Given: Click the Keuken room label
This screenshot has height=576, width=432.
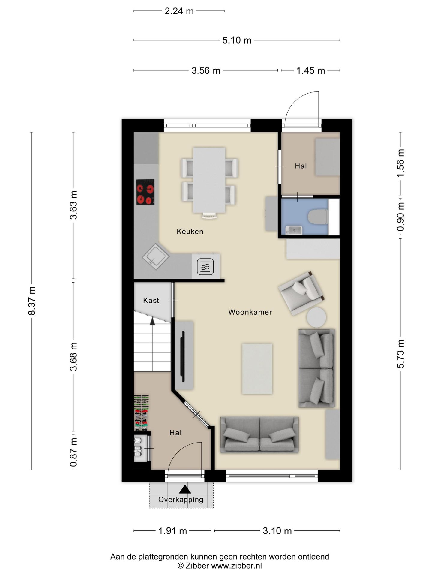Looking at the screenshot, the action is pos(190,232).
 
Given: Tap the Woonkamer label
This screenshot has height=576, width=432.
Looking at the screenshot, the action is pos(250,312).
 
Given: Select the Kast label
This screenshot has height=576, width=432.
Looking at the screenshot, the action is pos(151,300).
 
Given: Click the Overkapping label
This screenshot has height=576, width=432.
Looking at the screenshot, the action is pos(181,499).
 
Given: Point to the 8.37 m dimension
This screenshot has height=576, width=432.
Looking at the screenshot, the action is pos(32,301).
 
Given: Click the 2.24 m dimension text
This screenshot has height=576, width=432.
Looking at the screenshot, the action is pos(179,11).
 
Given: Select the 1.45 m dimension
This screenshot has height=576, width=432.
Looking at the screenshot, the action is pos(310,70).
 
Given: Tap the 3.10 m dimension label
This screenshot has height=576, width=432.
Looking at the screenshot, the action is pos(277,531).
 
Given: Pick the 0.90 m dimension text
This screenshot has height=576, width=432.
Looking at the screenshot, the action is pos(400,217).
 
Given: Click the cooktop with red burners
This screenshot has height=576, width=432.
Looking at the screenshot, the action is pos(145,192).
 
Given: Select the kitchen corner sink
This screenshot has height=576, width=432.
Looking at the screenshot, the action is pos(156,256).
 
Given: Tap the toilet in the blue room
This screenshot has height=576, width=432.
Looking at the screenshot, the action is pos(318,217).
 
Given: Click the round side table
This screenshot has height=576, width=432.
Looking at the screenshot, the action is pos(316,317).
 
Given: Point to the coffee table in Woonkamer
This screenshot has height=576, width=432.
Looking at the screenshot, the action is pos(257,369).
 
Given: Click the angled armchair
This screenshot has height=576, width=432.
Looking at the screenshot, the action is pos(301,293).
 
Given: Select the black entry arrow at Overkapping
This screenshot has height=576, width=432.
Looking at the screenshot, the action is pos(185,489).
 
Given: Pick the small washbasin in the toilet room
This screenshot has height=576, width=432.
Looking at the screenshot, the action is pos(294,230).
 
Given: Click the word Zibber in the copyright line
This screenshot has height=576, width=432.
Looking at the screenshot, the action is pos(197,566).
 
